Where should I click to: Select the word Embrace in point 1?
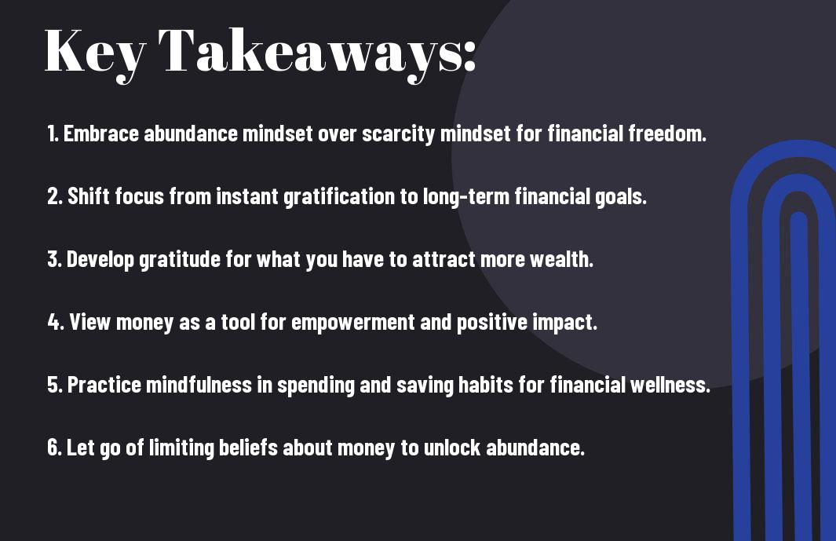click(101, 133)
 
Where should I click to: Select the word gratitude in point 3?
click(179, 260)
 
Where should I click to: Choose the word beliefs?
click(249, 447)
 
